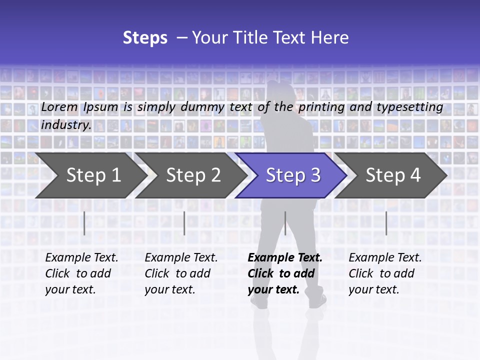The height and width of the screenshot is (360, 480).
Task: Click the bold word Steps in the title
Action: tap(145, 38)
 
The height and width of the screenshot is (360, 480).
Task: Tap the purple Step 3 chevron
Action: tap(293, 175)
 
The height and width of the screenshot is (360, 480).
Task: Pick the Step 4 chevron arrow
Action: tap(393, 175)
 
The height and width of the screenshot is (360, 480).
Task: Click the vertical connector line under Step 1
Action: tap(84, 223)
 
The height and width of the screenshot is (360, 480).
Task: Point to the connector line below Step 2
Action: tap(184, 223)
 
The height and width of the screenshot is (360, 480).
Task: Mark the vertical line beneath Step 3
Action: tap(285, 223)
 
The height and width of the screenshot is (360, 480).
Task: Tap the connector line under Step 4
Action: tap(386, 223)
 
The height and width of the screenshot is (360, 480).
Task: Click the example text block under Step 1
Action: tap(81, 273)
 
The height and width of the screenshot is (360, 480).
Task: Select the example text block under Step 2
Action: tap(181, 273)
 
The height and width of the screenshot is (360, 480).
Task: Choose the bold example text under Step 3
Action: tap(285, 273)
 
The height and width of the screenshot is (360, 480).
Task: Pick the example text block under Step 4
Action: tap(385, 273)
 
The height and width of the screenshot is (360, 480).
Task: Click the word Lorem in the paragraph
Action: tap(59, 107)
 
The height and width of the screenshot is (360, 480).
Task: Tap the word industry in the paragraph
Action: tap(66, 125)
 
